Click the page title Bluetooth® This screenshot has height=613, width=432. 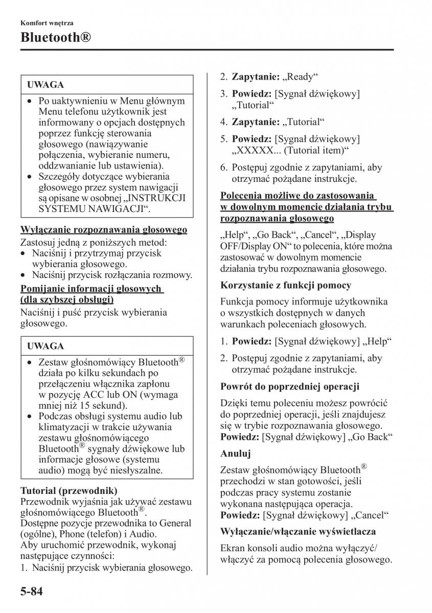[56, 38]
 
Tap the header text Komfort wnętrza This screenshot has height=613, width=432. [47, 23]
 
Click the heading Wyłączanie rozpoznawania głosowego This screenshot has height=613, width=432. [104, 230]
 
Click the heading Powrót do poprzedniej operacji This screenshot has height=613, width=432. [290, 386]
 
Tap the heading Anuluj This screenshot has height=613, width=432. [235, 453]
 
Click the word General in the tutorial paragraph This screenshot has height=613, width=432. [174, 523]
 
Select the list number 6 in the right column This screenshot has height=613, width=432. [223, 168]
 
